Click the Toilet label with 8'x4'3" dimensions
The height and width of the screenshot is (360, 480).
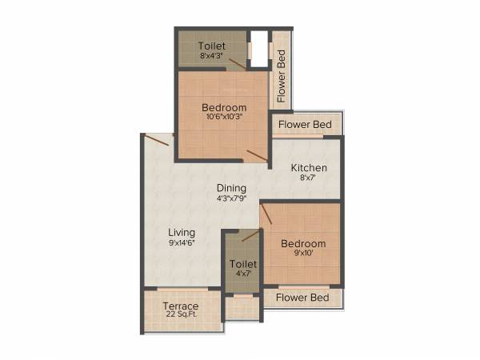tap(212, 46)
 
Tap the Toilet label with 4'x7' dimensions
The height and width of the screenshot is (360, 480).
tap(243, 264)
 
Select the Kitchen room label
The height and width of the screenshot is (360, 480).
tap(309, 168)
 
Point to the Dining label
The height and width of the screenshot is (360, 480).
tap(231, 189)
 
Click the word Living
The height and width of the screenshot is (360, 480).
tap(182, 232)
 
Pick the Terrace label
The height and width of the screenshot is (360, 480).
tap(181, 306)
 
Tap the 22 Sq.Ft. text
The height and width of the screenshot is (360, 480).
tap(181, 316)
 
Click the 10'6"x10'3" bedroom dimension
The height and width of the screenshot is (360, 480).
tap(223, 117)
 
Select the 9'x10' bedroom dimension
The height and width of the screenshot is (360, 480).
tap(303, 254)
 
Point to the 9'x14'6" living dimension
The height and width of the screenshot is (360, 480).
tap(182, 242)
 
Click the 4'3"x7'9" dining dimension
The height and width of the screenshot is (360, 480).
tap(231, 199)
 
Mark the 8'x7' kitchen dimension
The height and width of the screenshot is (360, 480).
tap(309, 178)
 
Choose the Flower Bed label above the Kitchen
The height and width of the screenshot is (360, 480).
tap(306, 125)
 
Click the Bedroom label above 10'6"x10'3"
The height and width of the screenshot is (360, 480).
tap(224, 107)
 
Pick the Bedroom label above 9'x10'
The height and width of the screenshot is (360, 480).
tap(303, 243)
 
